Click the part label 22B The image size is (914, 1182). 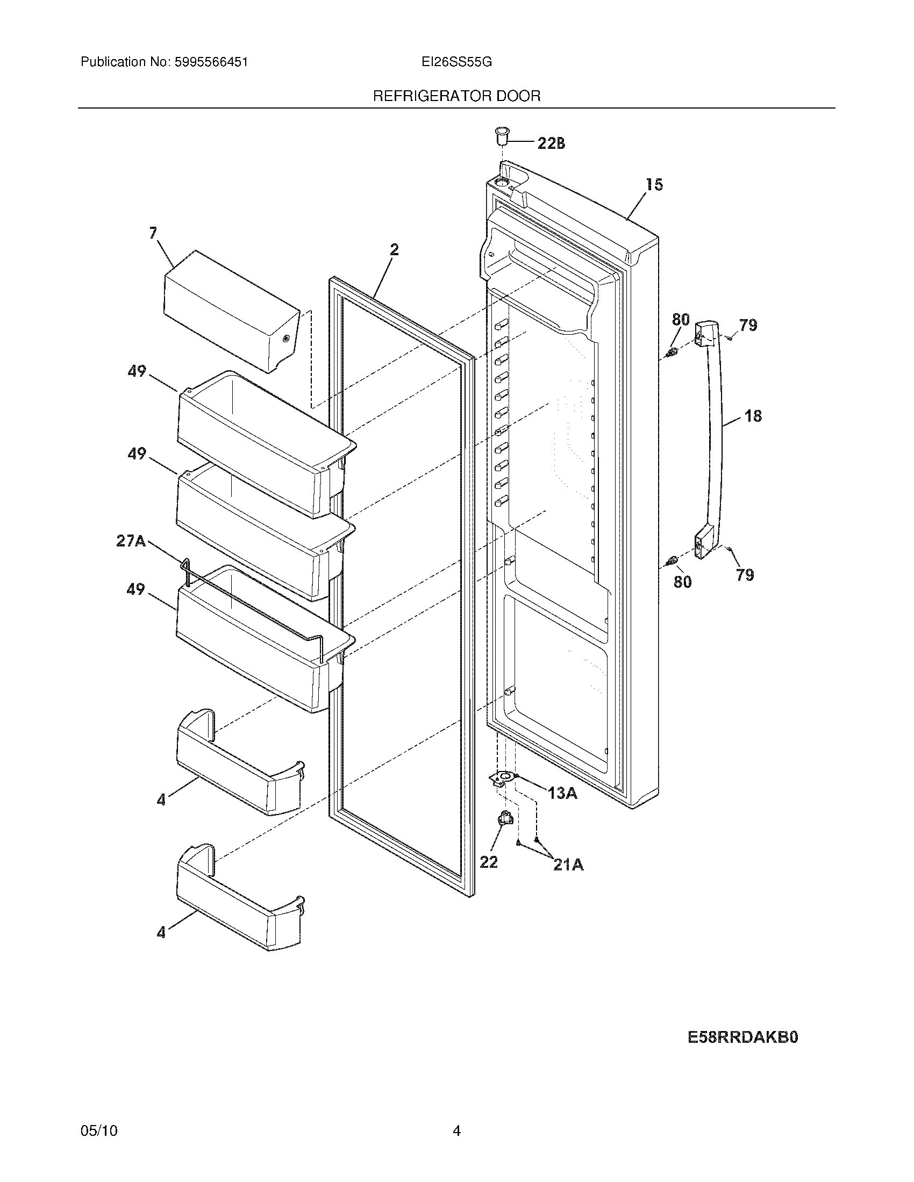pos(551,143)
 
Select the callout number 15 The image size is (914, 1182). pos(654,185)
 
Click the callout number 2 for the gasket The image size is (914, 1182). pos(394,249)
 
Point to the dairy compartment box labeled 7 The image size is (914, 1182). pos(231,312)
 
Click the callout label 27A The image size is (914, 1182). pos(131,540)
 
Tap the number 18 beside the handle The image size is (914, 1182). pos(753,416)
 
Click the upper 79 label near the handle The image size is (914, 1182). pos(748,325)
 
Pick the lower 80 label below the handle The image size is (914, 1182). pos(682,582)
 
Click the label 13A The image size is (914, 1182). pos(562,794)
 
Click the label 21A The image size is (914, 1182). pos(568,866)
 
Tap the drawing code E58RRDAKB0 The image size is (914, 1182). pos(743,1037)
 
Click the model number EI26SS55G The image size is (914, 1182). pos(456,62)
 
